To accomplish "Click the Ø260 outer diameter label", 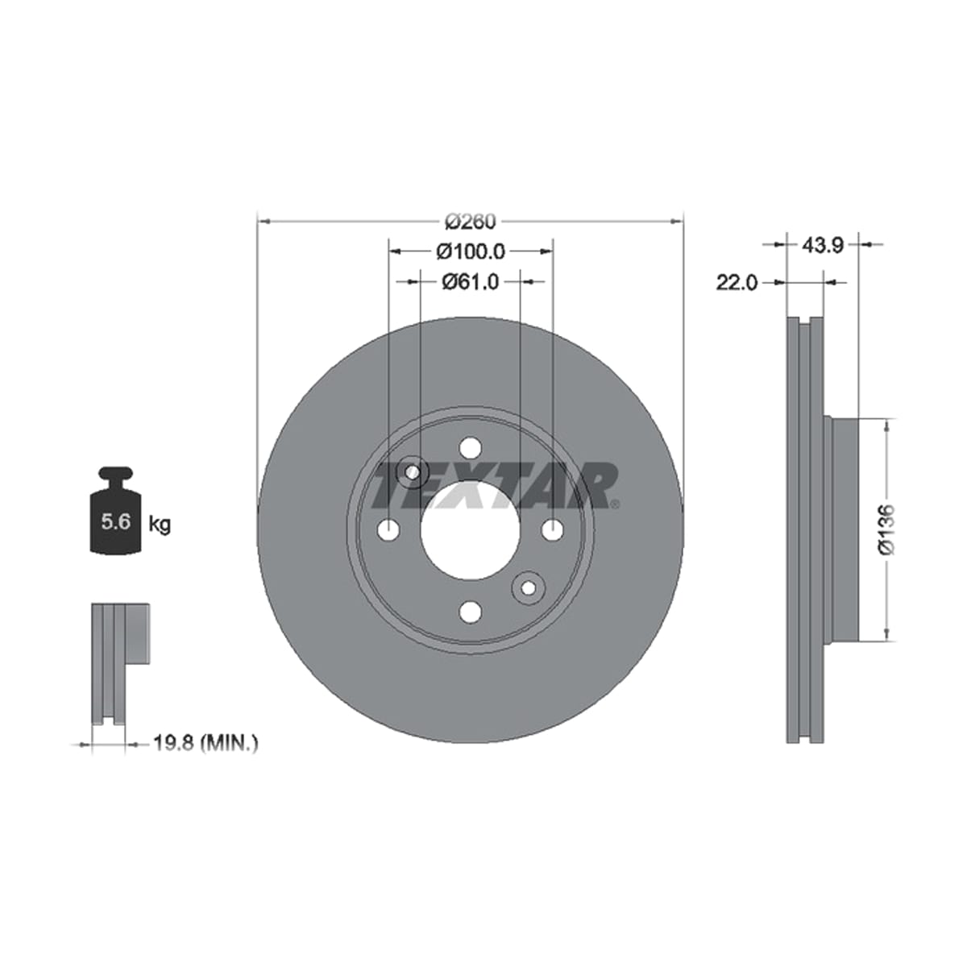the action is (x=470, y=222).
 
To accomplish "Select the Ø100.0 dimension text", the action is (x=470, y=251).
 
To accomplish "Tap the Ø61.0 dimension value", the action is (x=470, y=282).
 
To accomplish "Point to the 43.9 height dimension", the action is (x=823, y=246).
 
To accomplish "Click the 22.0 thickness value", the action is (x=737, y=284).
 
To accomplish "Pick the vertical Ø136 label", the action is (x=887, y=530).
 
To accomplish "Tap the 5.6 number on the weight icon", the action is (x=116, y=522).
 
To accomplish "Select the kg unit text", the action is (x=160, y=525).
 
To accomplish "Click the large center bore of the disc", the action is (x=470, y=530).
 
